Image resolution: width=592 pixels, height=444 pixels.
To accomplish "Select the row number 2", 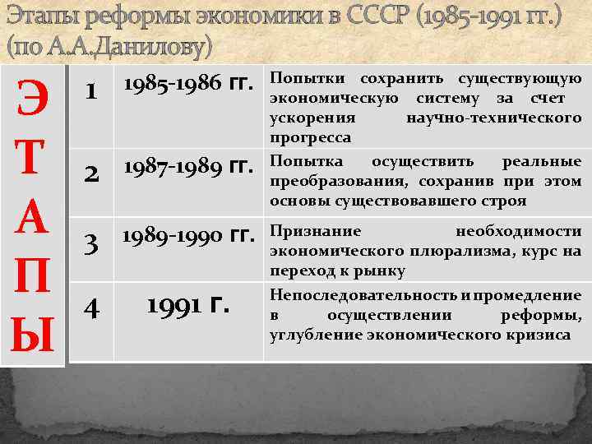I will [x=93, y=173].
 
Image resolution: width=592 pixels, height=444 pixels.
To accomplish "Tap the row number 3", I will [x=93, y=244].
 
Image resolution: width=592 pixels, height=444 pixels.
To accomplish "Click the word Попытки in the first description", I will [x=299, y=79].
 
